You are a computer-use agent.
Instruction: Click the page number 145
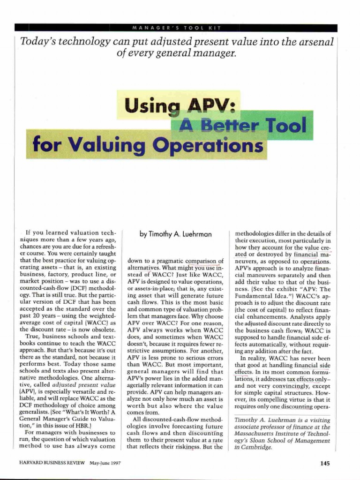point(325,464)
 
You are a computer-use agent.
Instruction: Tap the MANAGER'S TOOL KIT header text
point(180,28)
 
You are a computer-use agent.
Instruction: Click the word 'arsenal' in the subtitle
point(315,41)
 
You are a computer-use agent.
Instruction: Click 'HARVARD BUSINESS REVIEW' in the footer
point(45,464)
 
